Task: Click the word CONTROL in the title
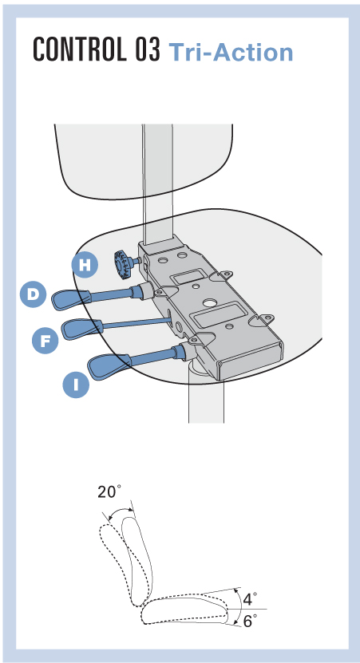click(x=78, y=49)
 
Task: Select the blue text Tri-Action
click(x=231, y=53)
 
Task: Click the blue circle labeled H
click(x=85, y=265)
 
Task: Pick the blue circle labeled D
click(x=33, y=294)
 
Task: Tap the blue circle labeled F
click(x=45, y=340)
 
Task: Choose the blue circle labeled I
click(x=76, y=385)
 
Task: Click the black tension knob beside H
click(x=124, y=264)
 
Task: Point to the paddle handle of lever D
click(x=71, y=298)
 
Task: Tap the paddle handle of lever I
click(x=109, y=366)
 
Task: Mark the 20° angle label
click(x=109, y=491)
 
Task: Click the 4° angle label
click(x=250, y=599)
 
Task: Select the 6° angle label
click(x=250, y=622)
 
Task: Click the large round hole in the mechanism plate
click(x=209, y=303)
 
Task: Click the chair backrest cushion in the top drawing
click(x=144, y=160)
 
